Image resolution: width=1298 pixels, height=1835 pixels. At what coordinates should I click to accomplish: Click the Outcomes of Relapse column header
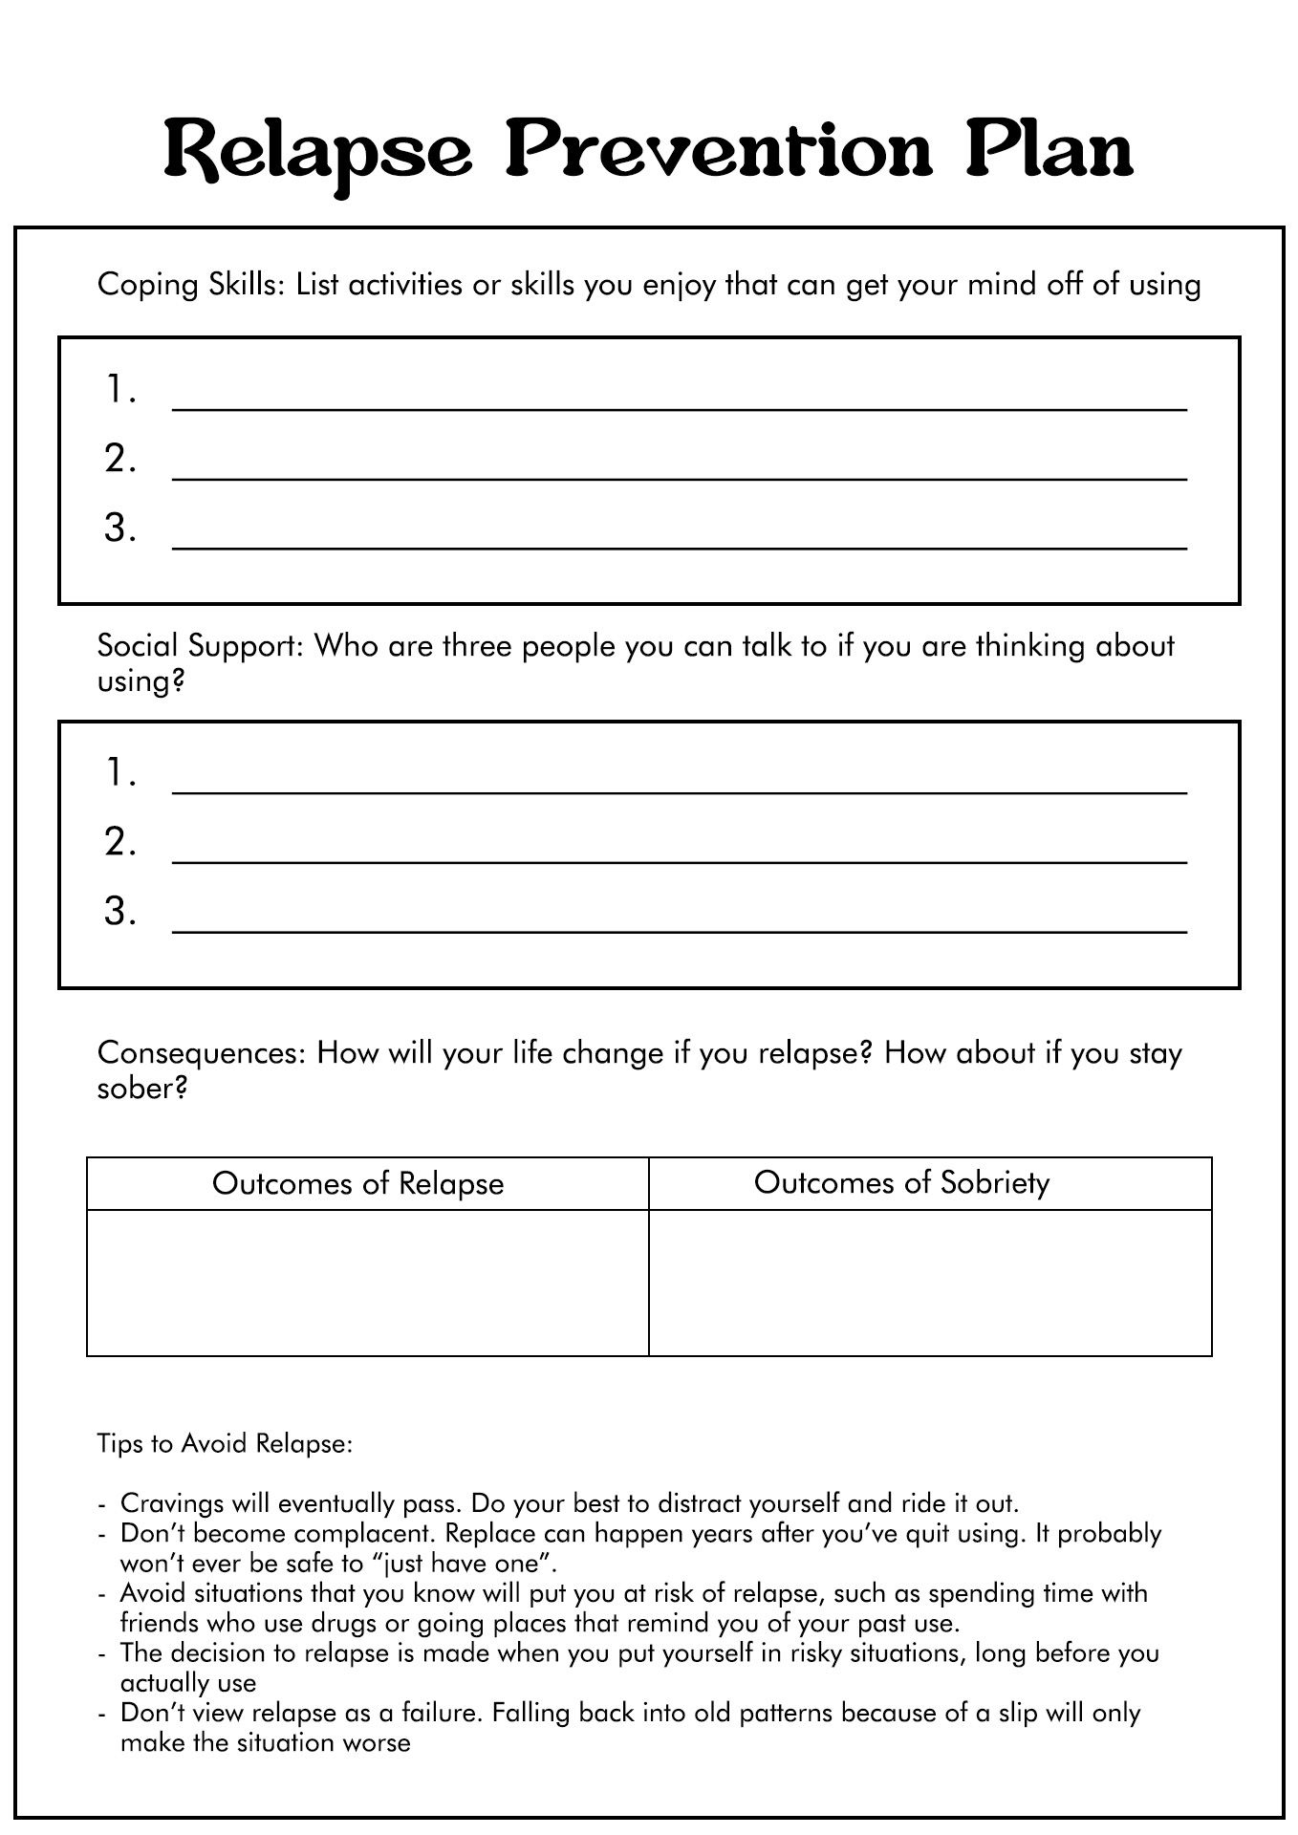[357, 1183]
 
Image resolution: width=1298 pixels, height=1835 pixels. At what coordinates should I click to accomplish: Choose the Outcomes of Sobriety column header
[901, 1182]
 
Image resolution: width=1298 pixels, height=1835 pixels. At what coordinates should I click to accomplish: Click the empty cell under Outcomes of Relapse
[367, 1282]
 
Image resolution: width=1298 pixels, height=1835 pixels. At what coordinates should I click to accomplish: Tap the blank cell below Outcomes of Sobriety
[930, 1282]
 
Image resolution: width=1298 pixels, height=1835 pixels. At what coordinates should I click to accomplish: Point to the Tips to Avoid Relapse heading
[225, 1443]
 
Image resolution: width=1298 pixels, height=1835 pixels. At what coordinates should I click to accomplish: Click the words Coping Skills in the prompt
[191, 285]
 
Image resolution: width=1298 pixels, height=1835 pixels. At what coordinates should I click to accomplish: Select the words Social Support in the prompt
[200, 646]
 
